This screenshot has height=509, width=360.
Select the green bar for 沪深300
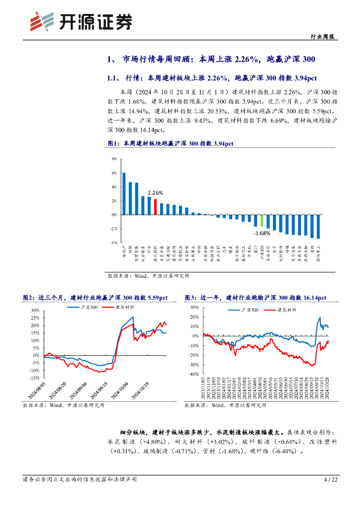tap(262, 221)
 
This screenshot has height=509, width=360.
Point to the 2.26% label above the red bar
tap(155, 193)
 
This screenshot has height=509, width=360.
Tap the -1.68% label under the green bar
tap(262, 233)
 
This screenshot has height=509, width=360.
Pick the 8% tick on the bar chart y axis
tap(114, 159)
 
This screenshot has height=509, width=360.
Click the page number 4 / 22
tap(330, 480)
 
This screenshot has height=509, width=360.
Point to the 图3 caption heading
tap(255, 298)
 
